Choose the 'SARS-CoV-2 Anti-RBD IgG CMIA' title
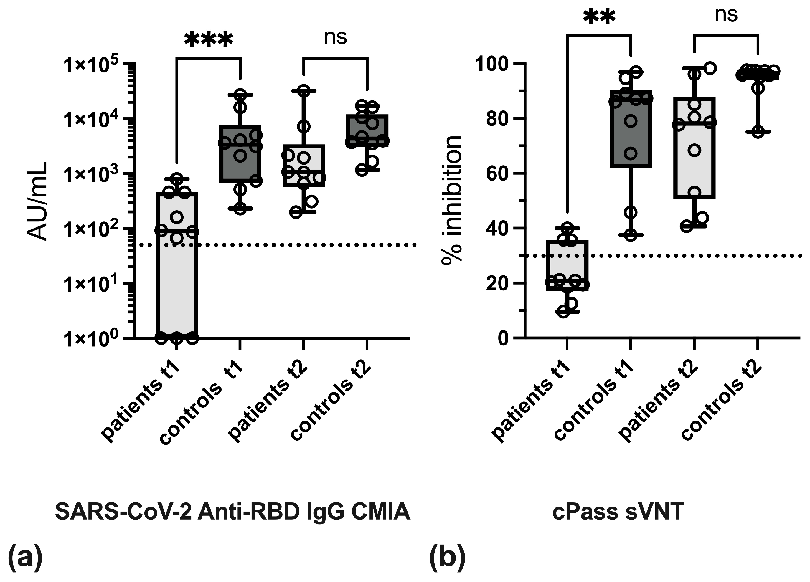[232, 512]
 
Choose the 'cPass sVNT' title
[618, 512]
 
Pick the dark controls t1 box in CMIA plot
[240, 153]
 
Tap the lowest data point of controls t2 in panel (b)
[758, 132]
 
